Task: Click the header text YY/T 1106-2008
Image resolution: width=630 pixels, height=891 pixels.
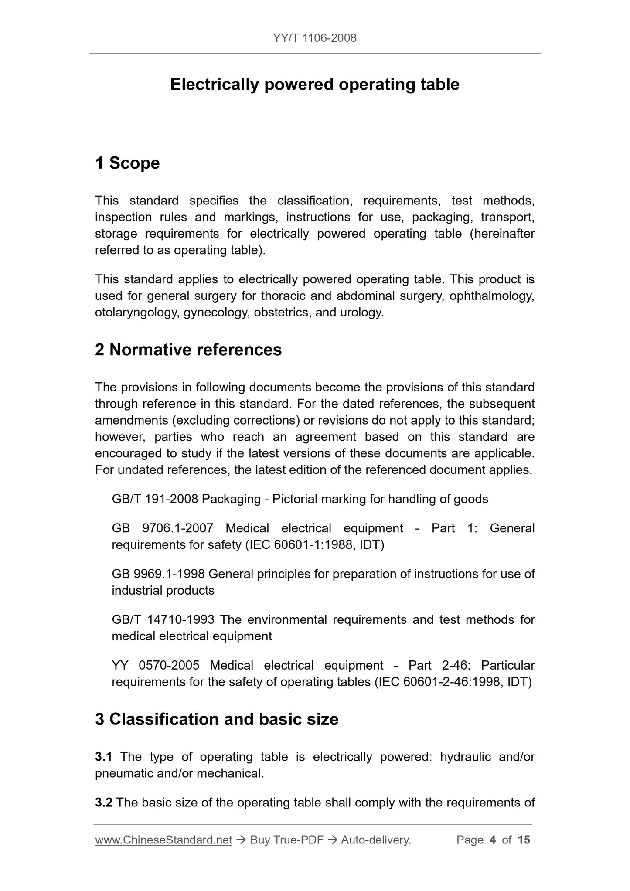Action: pyautogui.click(x=315, y=38)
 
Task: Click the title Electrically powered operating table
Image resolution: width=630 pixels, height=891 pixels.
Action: pyautogui.click(x=315, y=85)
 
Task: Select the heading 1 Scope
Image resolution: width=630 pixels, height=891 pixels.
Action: pyautogui.click(x=127, y=163)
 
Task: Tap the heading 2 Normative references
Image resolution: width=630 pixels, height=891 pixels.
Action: pyautogui.click(x=188, y=350)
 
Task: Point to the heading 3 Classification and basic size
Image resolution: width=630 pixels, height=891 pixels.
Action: pyautogui.click(x=217, y=719)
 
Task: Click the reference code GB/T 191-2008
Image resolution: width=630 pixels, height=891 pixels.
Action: pyautogui.click(x=155, y=499)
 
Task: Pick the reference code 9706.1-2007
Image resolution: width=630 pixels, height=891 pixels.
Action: pyautogui.click(x=177, y=528)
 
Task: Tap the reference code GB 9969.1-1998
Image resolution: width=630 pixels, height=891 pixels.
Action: pyautogui.click(x=158, y=574)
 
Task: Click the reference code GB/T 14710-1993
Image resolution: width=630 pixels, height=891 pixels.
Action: pyautogui.click(x=163, y=620)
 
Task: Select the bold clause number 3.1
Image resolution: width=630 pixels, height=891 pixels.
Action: pyautogui.click(x=104, y=757)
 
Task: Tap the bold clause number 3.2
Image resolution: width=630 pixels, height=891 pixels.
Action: pyautogui.click(x=104, y=803)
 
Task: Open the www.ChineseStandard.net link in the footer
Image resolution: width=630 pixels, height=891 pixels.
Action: pyautogui.click(x=163, y=840)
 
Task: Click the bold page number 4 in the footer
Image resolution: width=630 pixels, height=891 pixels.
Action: pyautogui.click(x=493, y=840)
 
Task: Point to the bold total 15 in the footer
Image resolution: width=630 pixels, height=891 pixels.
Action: pyautogui.click(x=524, y=840)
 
